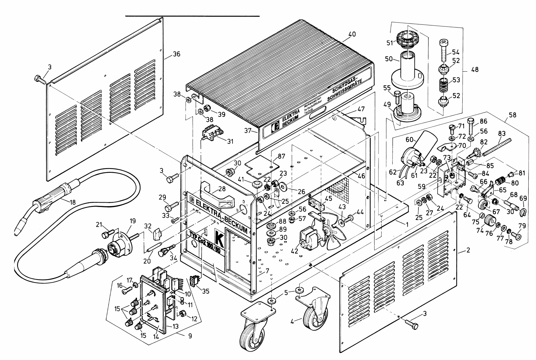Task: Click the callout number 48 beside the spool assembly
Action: coord(475,70)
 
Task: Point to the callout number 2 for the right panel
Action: coord(468,250)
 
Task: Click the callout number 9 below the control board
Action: coord(190,335)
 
